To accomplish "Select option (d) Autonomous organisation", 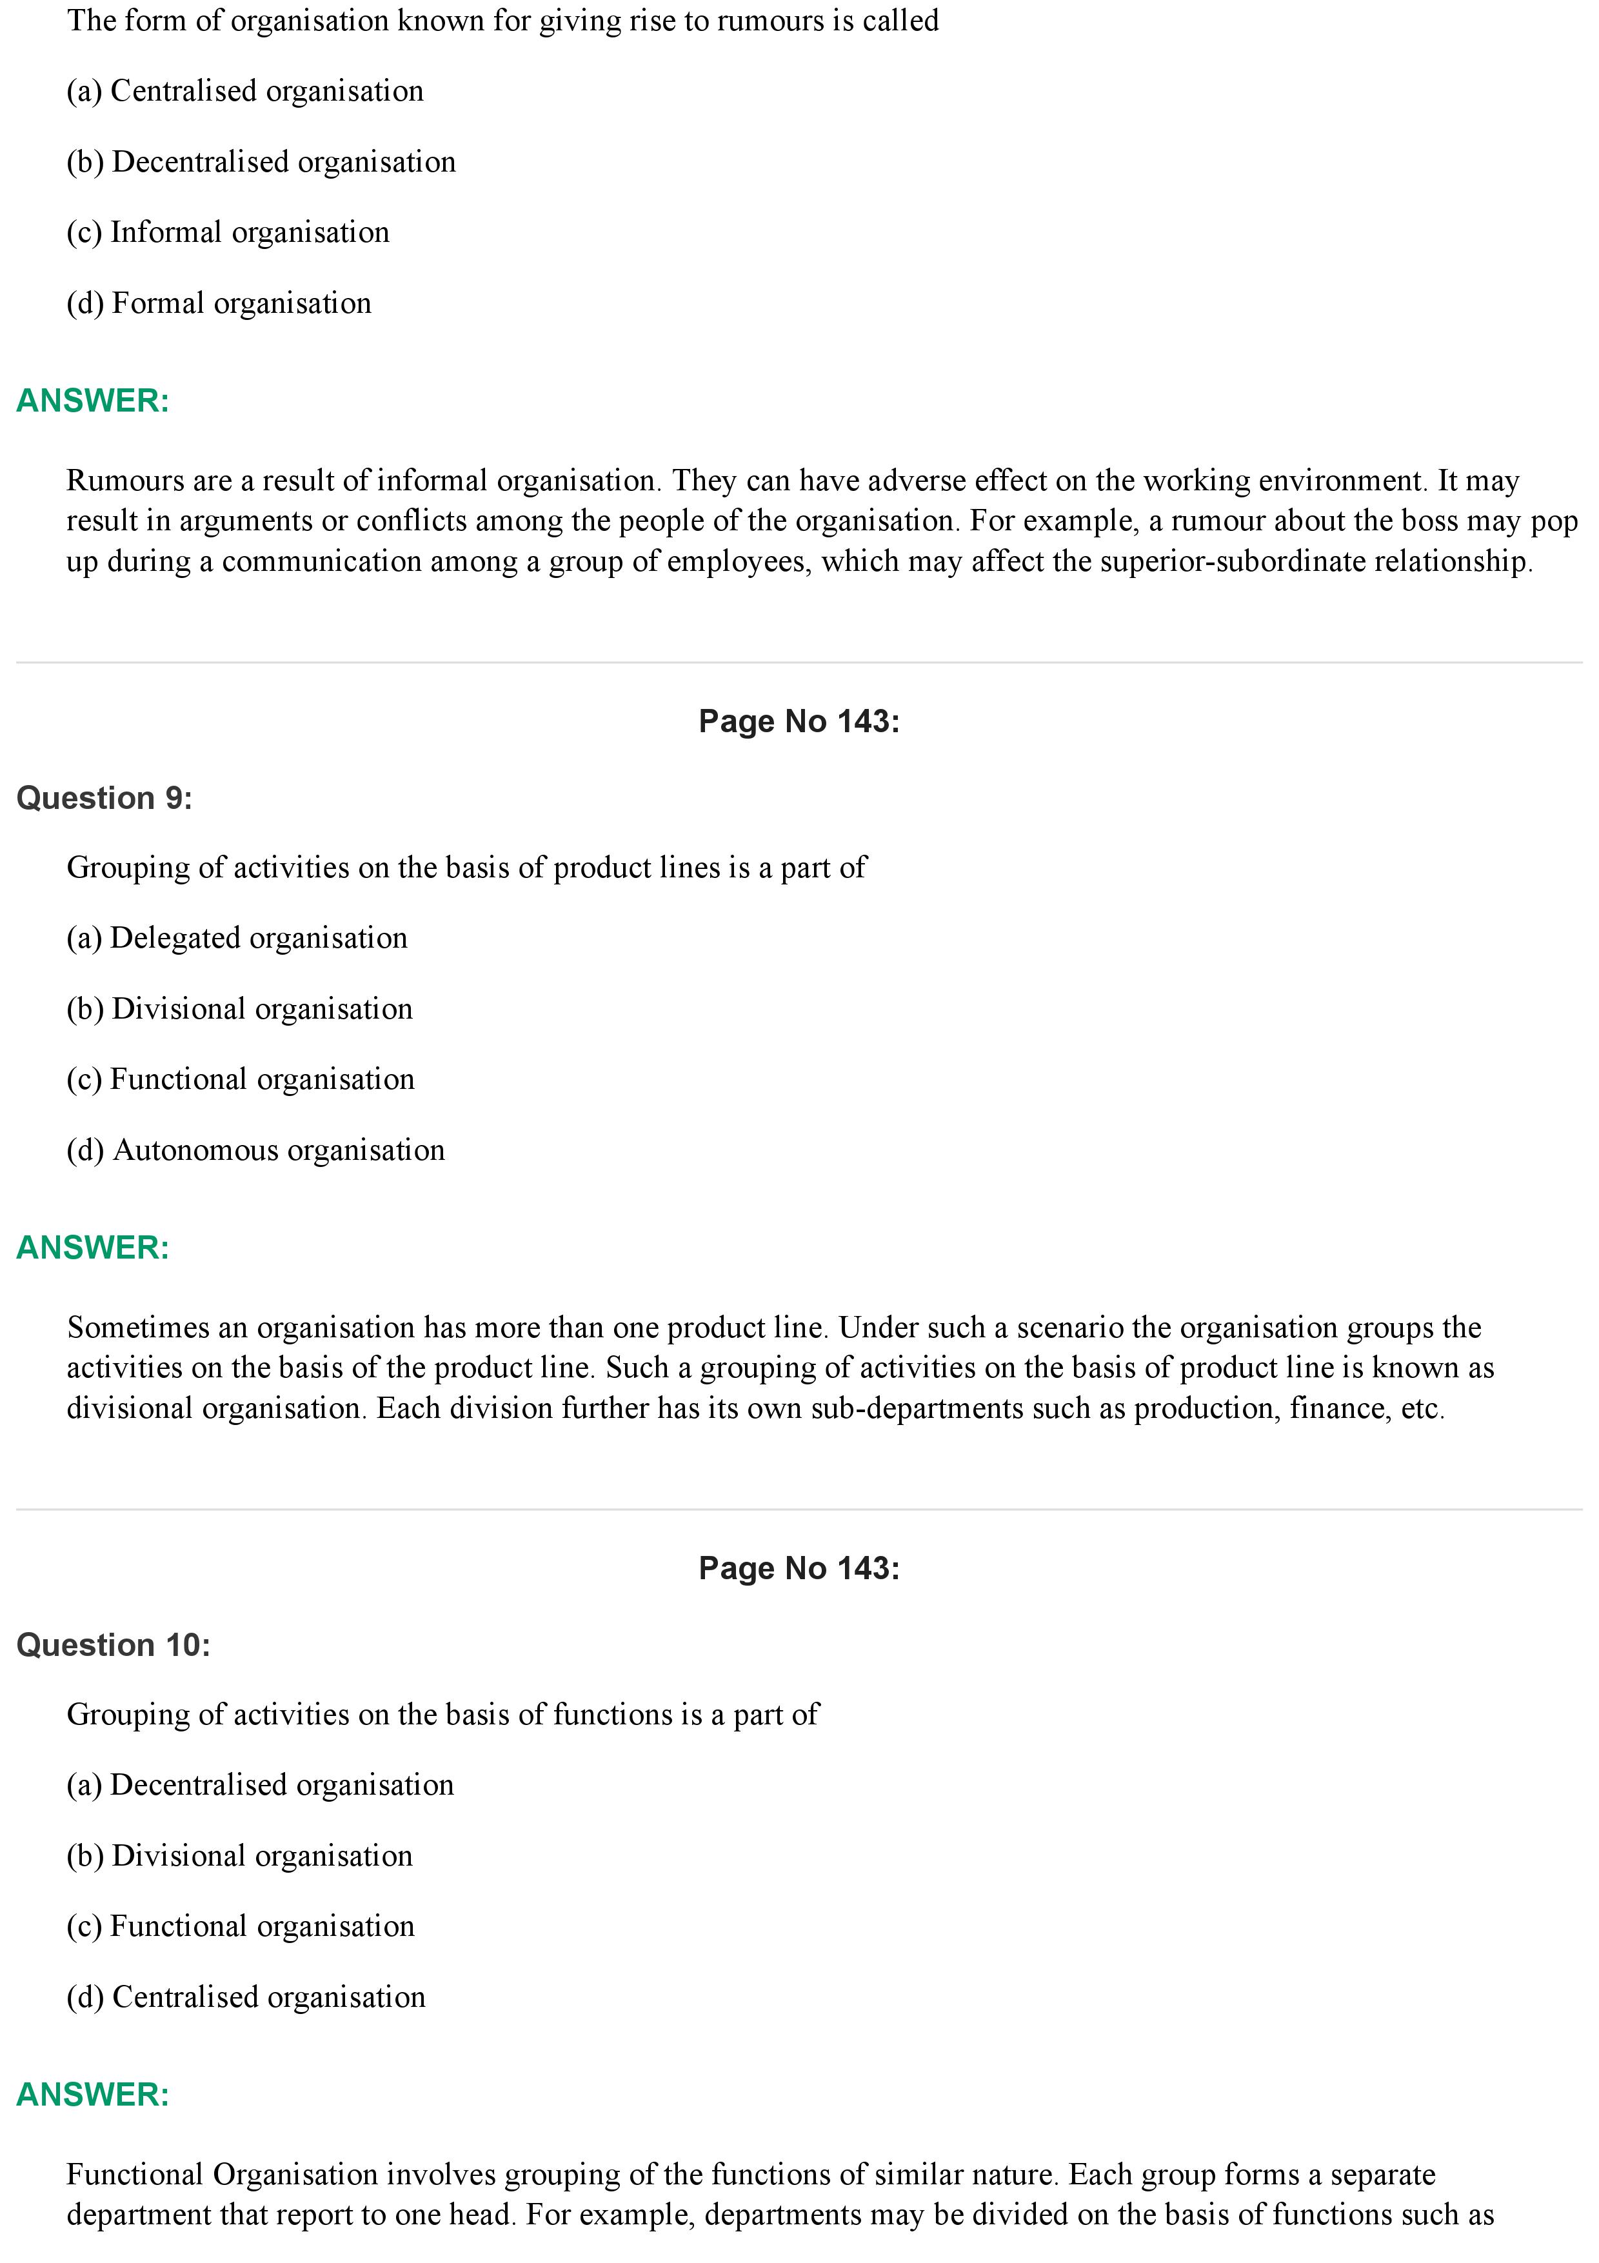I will pyautogui.click(x=255, y=1150).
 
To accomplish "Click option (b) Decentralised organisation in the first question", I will pyautogui.click(x=261, y=162).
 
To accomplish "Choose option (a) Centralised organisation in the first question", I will pyautogui.click(x=244, y=91).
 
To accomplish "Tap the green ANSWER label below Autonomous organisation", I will pyautogui.click(x=93, y=1247).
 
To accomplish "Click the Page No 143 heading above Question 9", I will pyautogui.click(x=799, y=721).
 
